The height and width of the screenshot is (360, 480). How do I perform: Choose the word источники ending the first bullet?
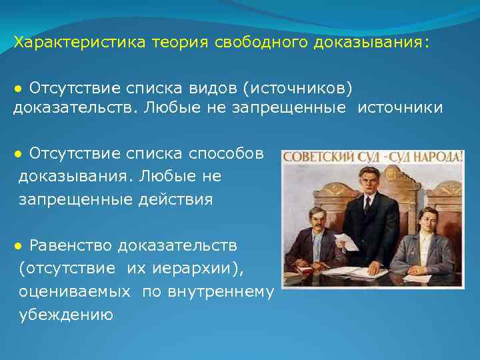pyautogui.click(x=400, y=108)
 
